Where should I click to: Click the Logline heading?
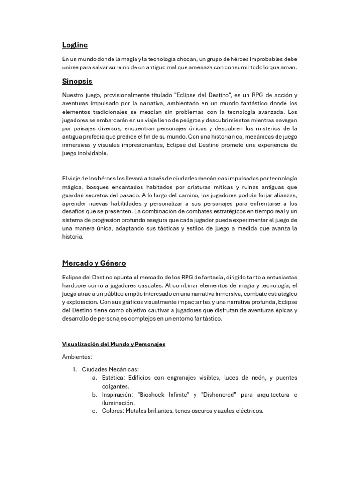click(75, 45)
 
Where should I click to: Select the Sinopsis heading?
click(77, 81)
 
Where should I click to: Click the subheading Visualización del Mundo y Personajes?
click(114, 344)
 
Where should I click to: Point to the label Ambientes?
click(77, 357)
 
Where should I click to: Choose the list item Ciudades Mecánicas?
click(110, 369)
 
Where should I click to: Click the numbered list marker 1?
click(74, 369)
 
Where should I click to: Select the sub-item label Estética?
click(113, 378)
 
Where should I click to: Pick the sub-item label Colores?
click(113, 411)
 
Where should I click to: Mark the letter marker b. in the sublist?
click(95, 395)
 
